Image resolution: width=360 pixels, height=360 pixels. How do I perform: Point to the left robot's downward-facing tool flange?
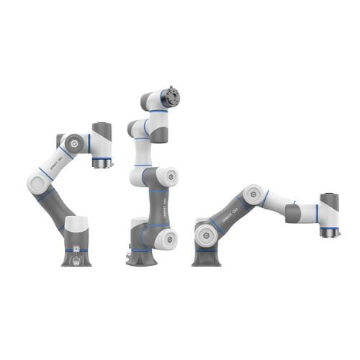pyautogui.click(x=102, y=163)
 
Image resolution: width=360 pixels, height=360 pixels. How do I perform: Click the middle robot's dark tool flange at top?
pyautogui.click(x=170, y=96)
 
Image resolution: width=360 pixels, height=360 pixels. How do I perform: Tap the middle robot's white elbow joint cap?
pyautogui.click(x=166, y=176)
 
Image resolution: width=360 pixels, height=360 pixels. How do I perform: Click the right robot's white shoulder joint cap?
pyautogui.click(x=206, y=232)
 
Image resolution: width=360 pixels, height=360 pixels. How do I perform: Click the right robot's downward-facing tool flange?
pyautogui.click(x=329, y=233)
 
